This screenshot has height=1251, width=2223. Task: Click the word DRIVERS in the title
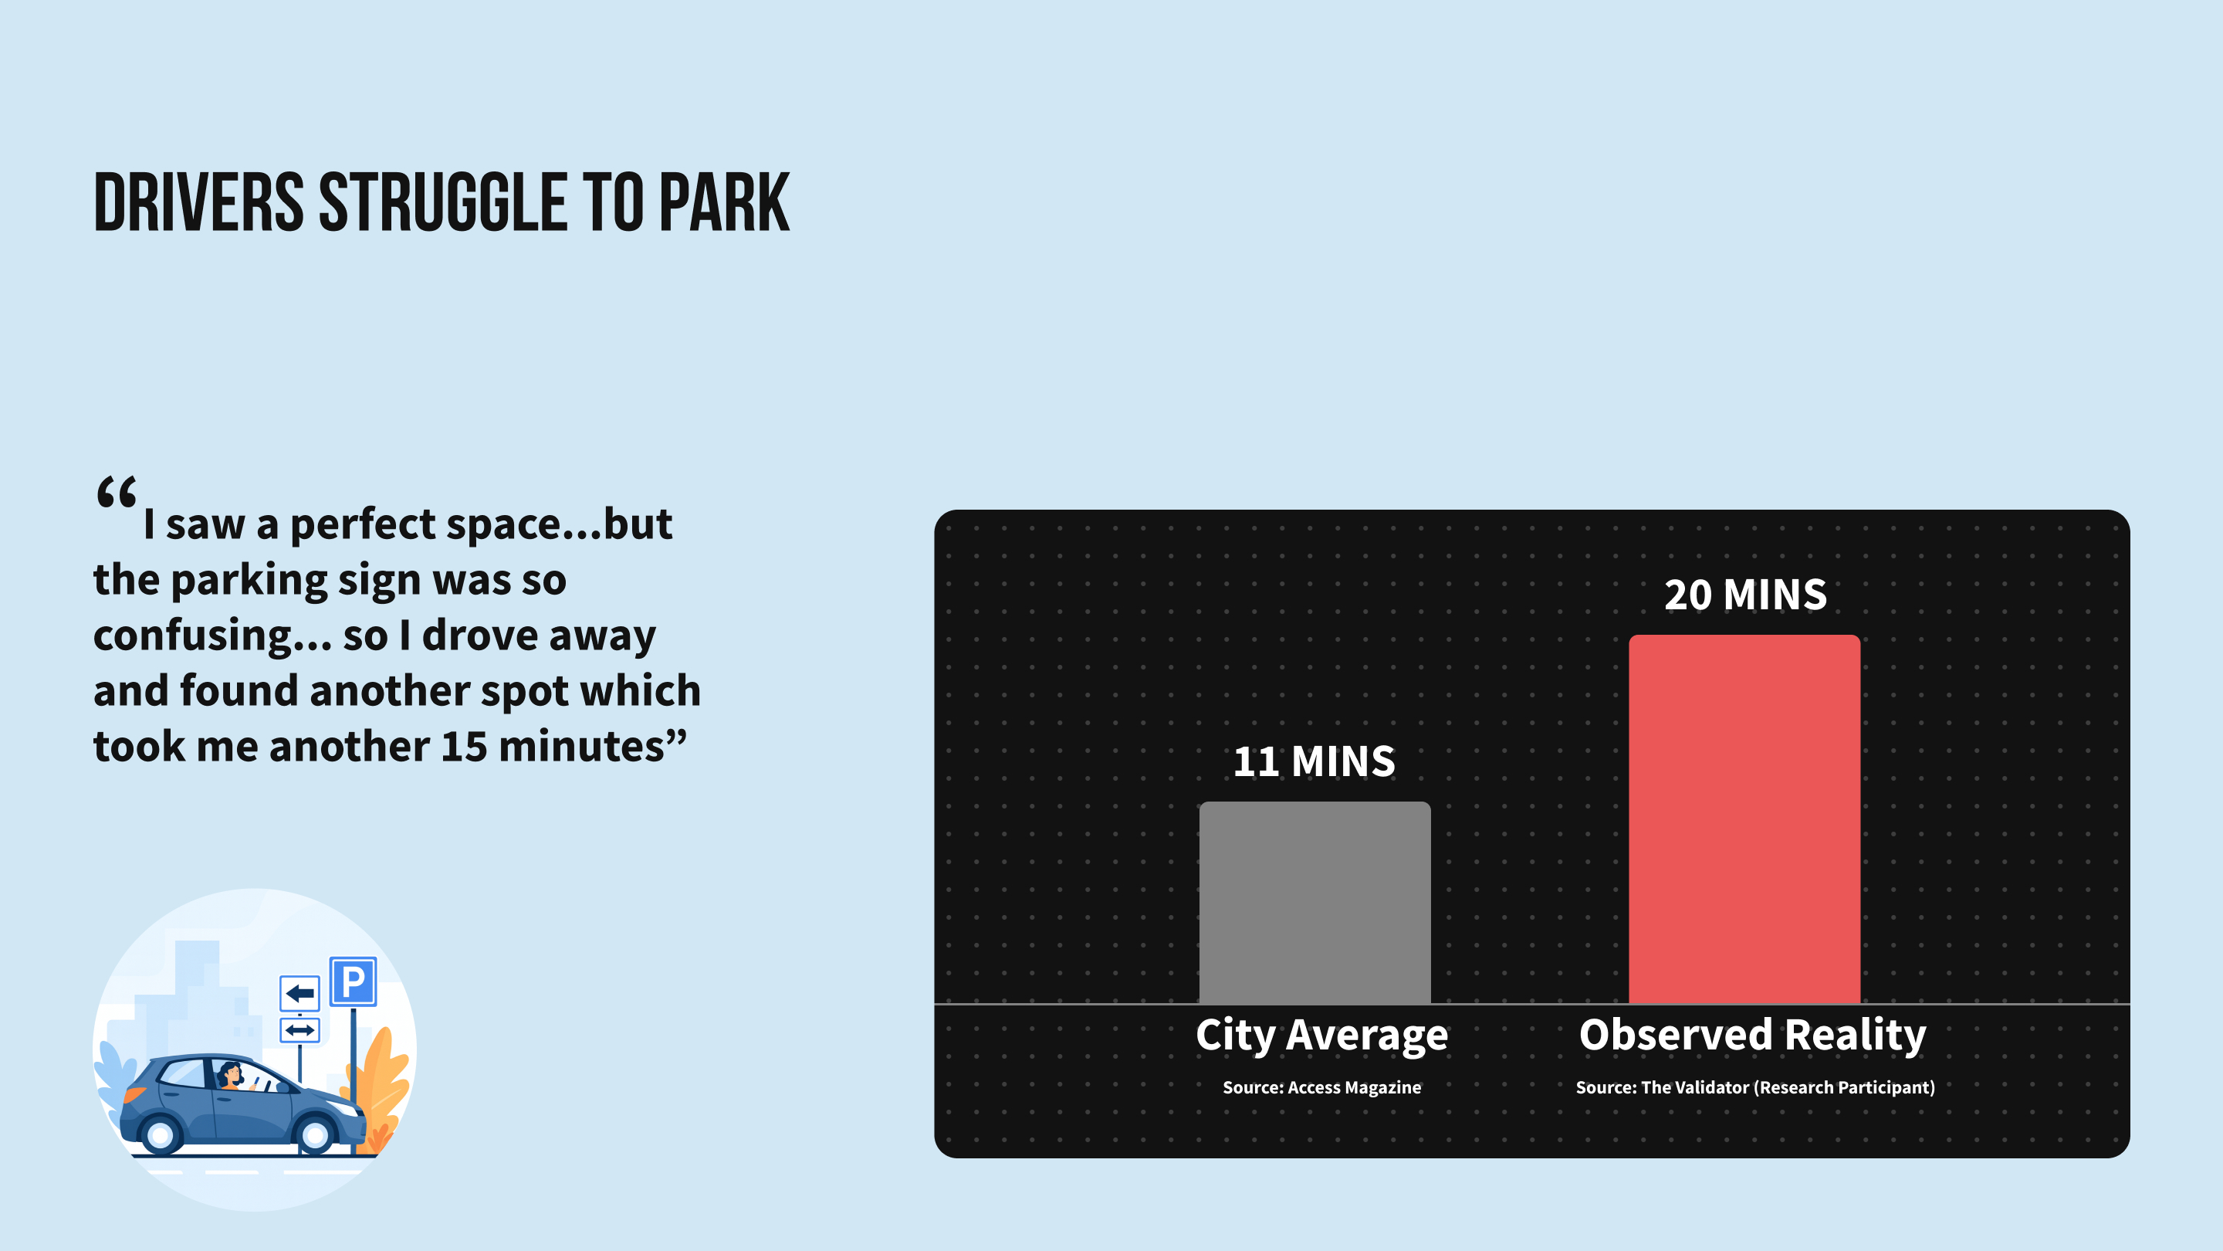(x=198, y=203)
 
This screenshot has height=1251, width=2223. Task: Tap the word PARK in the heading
(x=724, y=203)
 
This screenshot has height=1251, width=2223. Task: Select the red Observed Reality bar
(x=1744, y=819)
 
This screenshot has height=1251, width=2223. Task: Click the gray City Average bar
(x=1315, y=903)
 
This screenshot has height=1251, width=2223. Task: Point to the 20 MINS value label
(x=1745, y=595)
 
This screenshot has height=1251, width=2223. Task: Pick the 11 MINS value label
(x=1314, y=761)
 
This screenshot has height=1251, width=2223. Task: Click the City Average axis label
(x=1321, y=1035)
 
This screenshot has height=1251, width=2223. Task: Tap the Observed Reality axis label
(x=1752, y=1035)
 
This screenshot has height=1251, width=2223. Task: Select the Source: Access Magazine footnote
(x=1321, y=1088)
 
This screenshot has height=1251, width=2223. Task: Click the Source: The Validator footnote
(x=1755, y=1088)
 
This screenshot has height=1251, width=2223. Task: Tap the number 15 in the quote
(x=463, y=746)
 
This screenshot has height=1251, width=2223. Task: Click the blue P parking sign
(x=353, y=981)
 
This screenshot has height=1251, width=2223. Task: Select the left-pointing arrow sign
(x=299, y=993)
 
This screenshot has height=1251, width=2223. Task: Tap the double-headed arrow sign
(x=299, y=1031)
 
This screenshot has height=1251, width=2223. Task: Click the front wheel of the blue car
(x=315, y=1134)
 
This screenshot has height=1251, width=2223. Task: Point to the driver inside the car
(x=231, y=1076)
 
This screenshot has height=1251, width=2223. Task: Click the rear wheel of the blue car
(x=161, y=1134)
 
